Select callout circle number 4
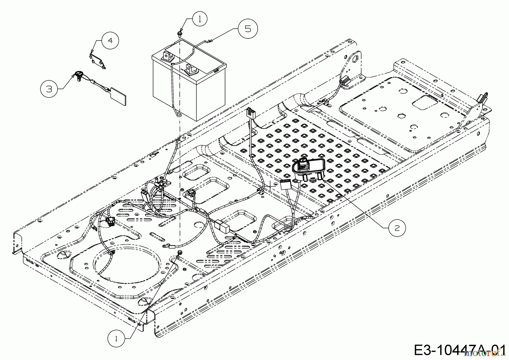[x=110, y=40]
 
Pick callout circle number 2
[x=397, y=228]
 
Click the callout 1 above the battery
[x=200, y=19]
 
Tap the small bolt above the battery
[x=179, y=34]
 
